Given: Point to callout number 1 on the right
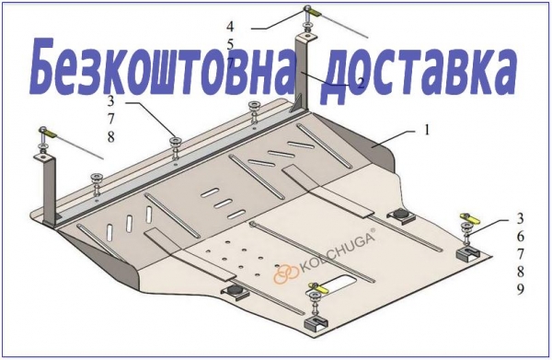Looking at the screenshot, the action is [x=427, y=131].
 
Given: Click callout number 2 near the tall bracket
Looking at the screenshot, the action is [x=360, y=83].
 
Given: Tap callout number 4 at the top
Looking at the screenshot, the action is [x=230, y=27].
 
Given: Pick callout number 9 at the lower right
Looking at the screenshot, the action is [x=521, y=289].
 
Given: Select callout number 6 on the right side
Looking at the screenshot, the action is [x=521, y=237].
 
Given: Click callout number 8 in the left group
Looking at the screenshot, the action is [x=111, y=137].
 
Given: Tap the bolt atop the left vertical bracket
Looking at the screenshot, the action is [x=43, y=130].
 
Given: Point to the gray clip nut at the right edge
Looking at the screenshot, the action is [x=468, y=253].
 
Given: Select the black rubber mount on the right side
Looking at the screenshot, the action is [x=400, y=215].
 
